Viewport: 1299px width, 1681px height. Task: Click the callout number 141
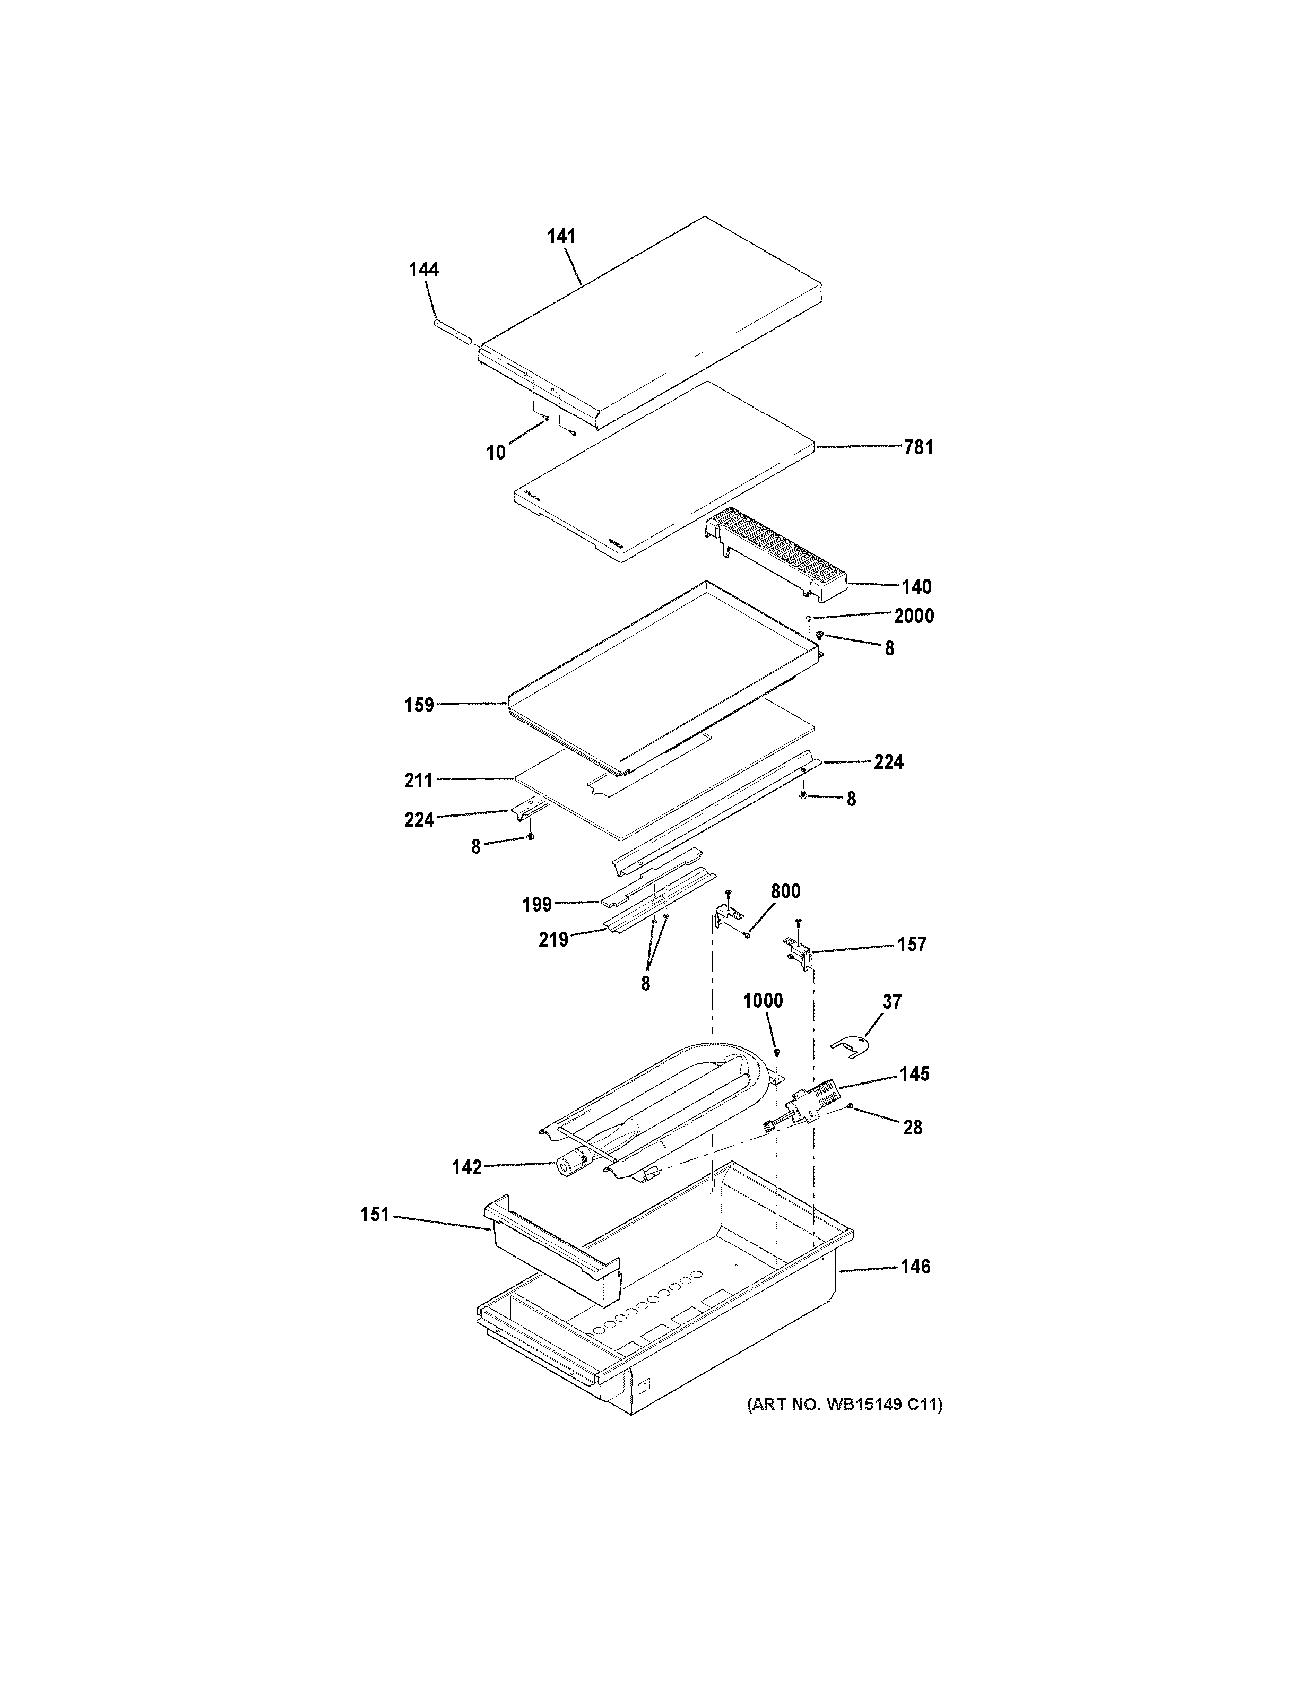(x=562, y=236)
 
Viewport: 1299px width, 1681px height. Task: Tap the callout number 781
(x=918, y=447)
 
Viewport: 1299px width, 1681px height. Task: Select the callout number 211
(x=419, y=781)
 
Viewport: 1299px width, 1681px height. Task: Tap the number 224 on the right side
(x=888, y=762)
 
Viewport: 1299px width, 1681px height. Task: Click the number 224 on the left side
(x=419, y=820)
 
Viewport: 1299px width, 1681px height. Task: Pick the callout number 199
(x=537, y=904)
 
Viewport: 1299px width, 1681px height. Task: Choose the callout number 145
(x=914, y=1074)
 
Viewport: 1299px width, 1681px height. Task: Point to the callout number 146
(x=915, y=1266)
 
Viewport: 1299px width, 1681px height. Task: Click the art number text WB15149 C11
(x=844, y=1405)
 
